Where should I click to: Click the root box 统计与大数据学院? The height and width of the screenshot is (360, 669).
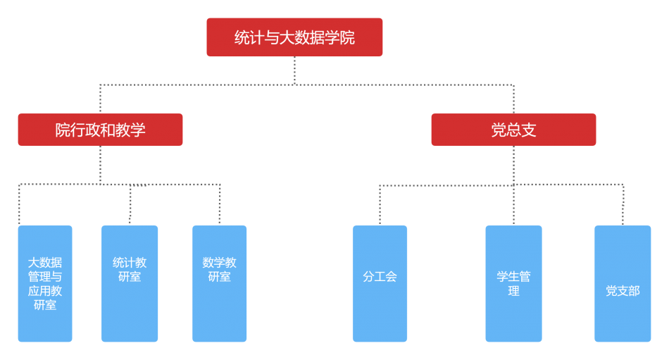tap(294, 37)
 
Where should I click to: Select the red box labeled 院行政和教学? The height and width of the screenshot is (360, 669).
tap(100, 130)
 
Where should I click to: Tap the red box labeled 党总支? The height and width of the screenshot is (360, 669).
tap(513, 130)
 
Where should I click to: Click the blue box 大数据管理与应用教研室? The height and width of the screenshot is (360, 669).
tap(45, 284)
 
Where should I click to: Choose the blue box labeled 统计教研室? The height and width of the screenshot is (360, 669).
tap(130, 284)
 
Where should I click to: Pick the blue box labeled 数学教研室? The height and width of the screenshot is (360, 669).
tap(220, 284)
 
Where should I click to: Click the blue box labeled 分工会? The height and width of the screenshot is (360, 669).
tap(380, 284)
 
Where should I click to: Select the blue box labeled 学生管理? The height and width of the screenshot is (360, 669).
tap(513, 284)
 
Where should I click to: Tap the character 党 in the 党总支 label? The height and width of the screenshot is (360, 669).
tap(499, 130)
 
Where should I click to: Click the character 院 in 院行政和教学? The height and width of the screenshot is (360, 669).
tap(63, 130)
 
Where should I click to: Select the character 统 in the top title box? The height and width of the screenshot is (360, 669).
tap(242, 38)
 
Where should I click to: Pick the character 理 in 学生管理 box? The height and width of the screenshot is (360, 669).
tap(513, 291)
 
